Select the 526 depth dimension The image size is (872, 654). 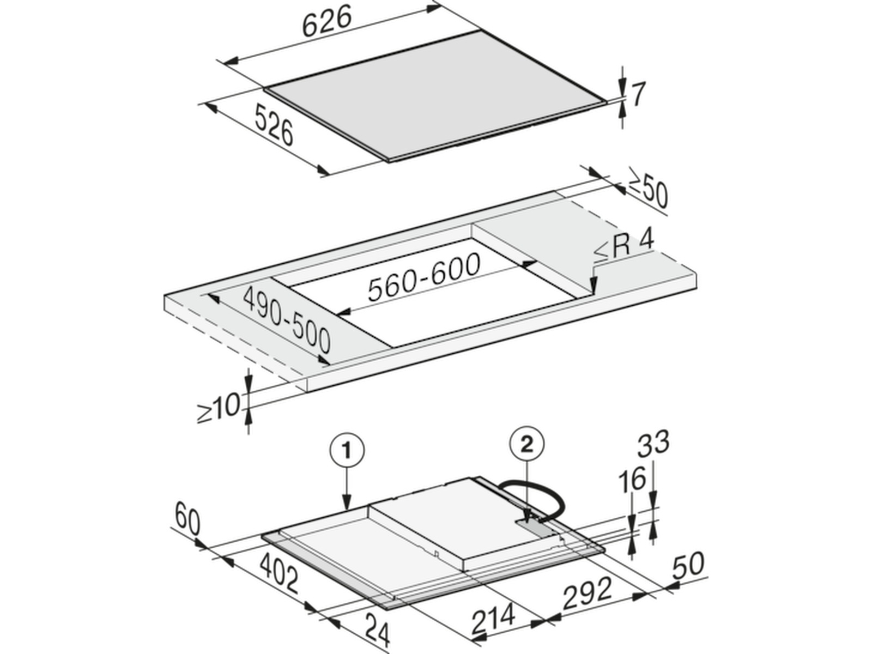(x=274, y=125)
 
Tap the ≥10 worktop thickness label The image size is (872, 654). (x=219, y=408)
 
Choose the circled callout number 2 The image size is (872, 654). (x=526, y=445)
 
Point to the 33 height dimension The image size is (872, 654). (x=653, y=443)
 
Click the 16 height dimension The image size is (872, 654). (x=632, y=479)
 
